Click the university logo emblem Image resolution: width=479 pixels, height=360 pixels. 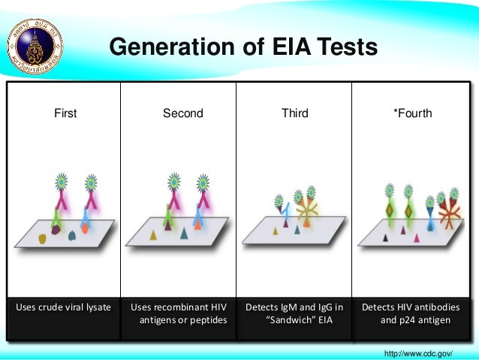(35, 38)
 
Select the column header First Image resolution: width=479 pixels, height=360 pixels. (65, 113)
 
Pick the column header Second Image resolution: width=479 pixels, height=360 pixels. (182, 113)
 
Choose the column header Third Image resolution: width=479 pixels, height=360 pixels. (294, 113)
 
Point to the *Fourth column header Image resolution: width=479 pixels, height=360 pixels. (412, 113)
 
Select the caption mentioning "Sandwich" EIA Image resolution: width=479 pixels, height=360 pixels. (294, 314)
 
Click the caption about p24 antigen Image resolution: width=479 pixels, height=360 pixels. (411, 314)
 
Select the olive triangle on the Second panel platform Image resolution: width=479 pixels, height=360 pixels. (153, 235)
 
